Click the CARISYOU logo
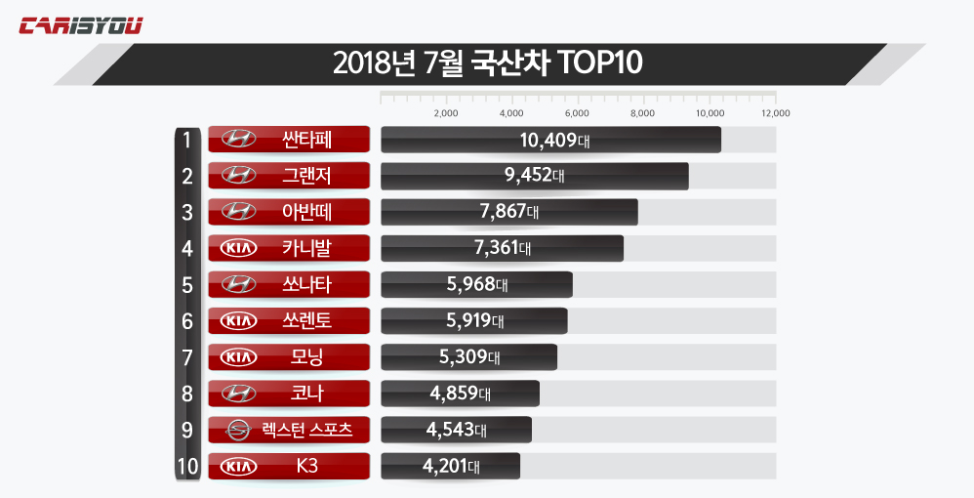tap(81, 25)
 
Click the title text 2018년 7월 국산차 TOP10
tap(487, 63)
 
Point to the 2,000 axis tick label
tap(445, 113)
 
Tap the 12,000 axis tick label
tap(775, 113)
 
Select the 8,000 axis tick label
tap(643, 113)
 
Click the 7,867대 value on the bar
tap(507, 212)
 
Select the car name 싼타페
tap(306, 140)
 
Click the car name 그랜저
tap(306, 176)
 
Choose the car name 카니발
tap(306, 248)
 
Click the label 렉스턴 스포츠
tap(306, 430)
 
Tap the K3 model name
tap(306, 466)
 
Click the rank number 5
tap(186, 284)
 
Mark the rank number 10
tap(187, 466)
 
